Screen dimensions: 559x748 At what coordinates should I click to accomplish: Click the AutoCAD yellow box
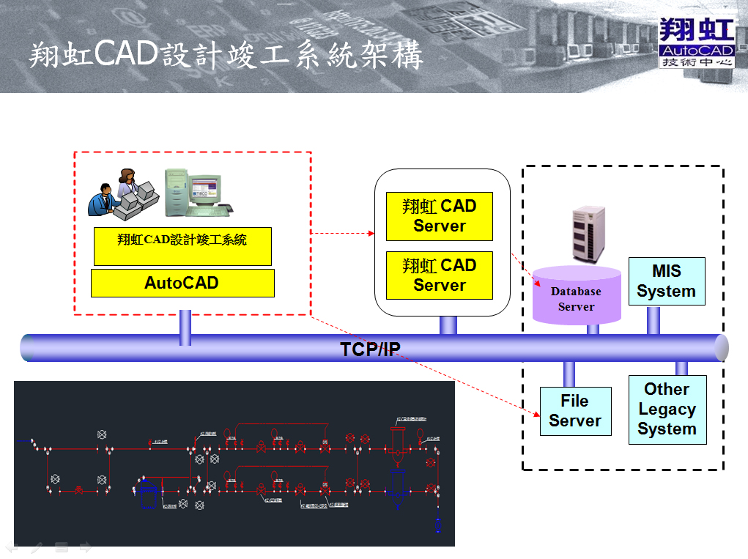pos(182,283)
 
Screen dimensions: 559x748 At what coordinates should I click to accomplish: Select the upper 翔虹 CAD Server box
pos(440,216)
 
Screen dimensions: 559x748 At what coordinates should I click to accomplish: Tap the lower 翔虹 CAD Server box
pos(440,275)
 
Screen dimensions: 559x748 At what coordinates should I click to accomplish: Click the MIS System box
pos(667,281)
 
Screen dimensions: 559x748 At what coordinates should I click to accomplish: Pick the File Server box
pos(575,411)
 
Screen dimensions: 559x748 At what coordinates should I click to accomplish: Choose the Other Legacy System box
pos(667,410)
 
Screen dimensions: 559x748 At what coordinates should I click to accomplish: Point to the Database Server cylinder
pos(577,297)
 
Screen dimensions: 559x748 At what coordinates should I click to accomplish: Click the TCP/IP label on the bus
pos(370,349)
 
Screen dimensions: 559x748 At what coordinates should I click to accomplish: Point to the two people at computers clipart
pos(122,193)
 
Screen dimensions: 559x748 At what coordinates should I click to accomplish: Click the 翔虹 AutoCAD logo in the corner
pos(696,43)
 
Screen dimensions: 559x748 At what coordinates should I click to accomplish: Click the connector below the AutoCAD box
pos(185,327)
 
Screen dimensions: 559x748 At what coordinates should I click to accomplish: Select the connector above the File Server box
pos(569,374)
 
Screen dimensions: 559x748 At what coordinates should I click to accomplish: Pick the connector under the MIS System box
pos(653,320)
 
